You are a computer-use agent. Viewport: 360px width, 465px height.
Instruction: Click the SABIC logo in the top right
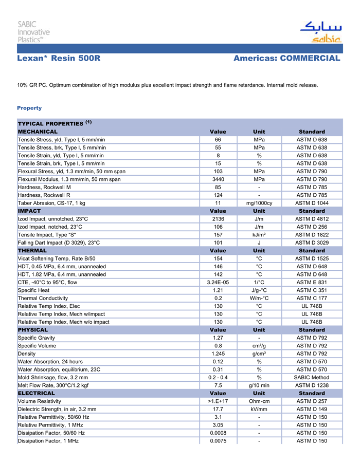[x=320, y=32]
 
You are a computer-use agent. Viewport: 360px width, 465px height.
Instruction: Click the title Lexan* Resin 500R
[x=58, y=59]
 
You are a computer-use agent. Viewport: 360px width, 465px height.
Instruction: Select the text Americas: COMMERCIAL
[x=286, y=59]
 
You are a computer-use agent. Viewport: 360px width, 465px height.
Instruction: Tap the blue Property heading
[x=29, y=108]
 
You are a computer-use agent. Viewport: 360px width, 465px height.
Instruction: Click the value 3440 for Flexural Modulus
[x=218, y=179]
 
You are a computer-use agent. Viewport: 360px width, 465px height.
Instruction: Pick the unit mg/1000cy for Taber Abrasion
[x=259, y=203]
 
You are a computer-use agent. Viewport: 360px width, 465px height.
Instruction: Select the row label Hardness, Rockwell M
[x=44, y=187]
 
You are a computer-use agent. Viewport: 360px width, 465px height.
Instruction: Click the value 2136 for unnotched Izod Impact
[x=218, y=219]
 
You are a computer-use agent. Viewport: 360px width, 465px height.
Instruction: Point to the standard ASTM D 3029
[x=312, y=243]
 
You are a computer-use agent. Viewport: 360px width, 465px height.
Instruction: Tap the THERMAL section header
[x=32, y=251]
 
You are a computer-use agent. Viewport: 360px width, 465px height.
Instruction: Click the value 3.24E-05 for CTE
[x=218, y=282]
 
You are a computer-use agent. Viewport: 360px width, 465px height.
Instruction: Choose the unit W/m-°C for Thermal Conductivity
[x=259, y=298]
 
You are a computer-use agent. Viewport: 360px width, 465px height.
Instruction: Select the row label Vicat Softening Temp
[x=57, y=258]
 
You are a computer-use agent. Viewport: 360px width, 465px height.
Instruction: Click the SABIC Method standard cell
[x=312, y=377]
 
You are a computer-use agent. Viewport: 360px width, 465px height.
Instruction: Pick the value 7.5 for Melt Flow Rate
[x=218, y=385]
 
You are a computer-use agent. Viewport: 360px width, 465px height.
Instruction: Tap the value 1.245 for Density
[x=218, y=354]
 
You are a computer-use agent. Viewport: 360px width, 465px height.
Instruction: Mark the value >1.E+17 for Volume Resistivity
[x=218, y=401]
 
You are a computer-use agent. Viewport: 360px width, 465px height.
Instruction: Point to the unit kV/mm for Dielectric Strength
[x=259, y=409]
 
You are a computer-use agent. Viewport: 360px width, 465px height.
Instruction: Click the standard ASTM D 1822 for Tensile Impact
[x=312, y=235]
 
